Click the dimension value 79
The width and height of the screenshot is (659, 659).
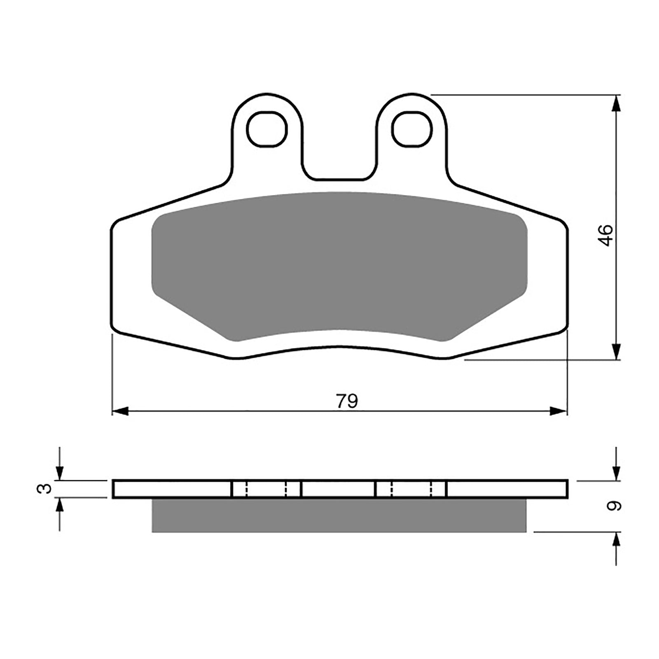pyautogui.click(x=347, y=401)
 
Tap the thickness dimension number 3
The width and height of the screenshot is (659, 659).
pyautogui.click(x=44, y=488)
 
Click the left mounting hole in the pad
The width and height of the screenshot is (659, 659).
pyautogui.click(x=267, y=129)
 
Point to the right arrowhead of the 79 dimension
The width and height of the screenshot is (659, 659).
pyautogui.click(x=559, y=411)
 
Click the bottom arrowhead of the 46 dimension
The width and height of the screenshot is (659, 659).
pyautogui.click(x=616, y=351)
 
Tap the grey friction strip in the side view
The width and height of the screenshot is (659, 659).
pyautogui.click(x=339, y=515)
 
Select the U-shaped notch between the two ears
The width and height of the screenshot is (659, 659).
pyautogui.click(x=340, y=165)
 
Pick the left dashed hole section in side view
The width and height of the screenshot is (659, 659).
pyautogui.click(x=266, y=489)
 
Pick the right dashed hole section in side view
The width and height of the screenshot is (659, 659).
pyautogui.click(x=411, y=489)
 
